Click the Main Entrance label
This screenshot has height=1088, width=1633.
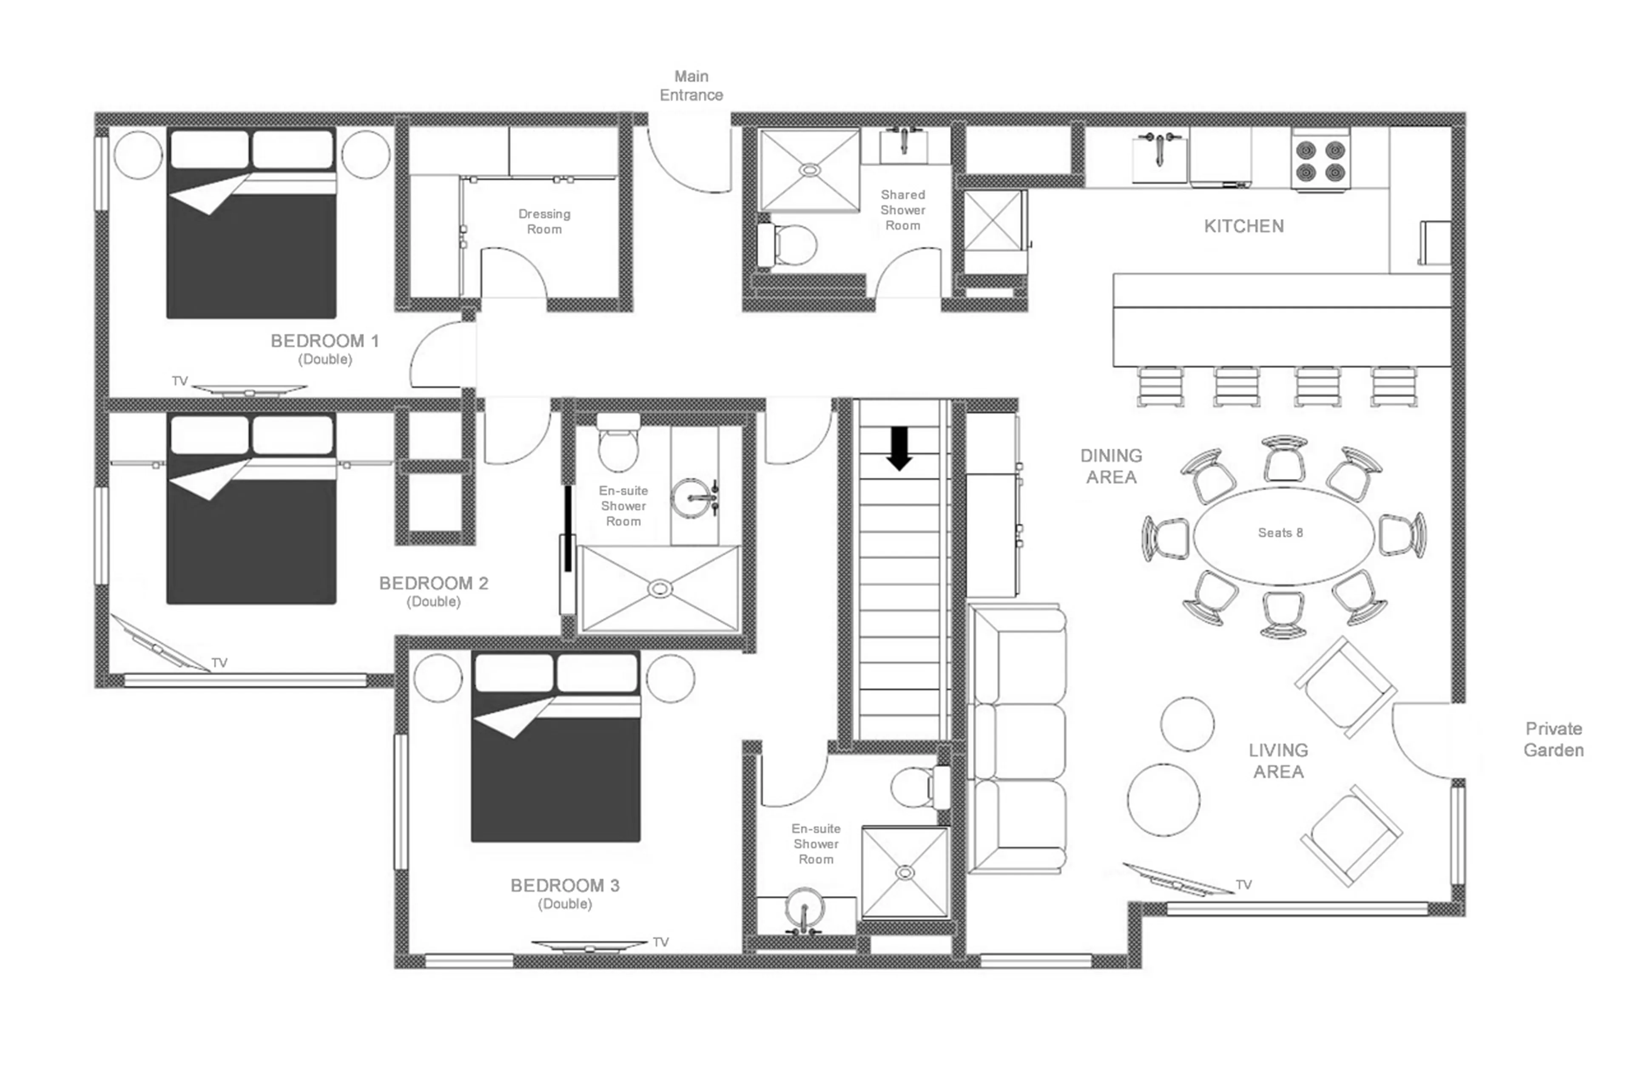coord(691,86)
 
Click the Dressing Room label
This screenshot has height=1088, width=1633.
coord(544,222)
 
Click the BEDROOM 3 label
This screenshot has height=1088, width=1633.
coord(564,885)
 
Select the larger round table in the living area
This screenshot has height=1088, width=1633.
coord(1163,800)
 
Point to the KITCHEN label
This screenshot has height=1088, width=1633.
coord(1243,226)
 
